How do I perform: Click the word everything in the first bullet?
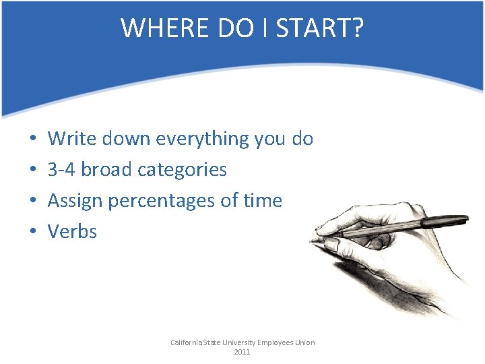pos(202,139)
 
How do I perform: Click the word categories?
pos(182,170)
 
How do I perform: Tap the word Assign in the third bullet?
pos(75,201)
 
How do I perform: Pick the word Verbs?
pos(72,232)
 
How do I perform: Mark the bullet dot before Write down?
pos(33,140)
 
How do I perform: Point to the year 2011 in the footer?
pos(242,353)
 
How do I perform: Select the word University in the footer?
pos(237,342)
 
